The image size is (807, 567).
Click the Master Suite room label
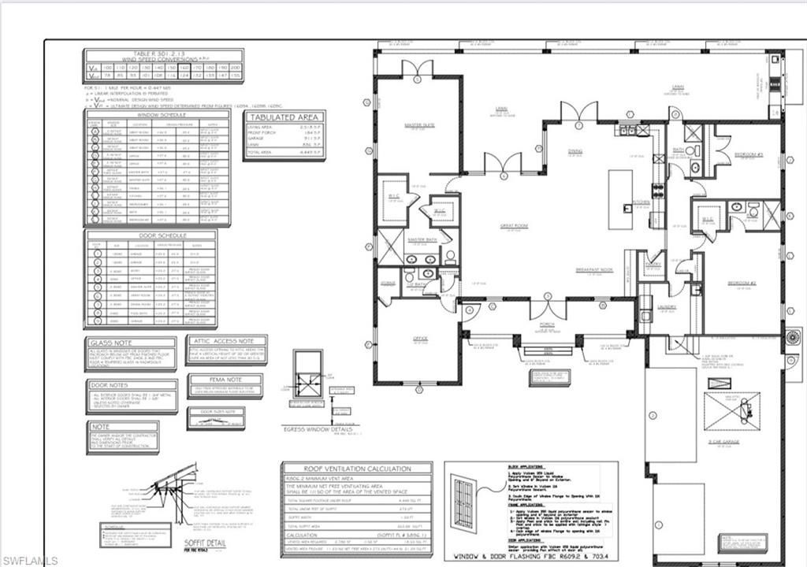pyautogui.click(x=420, y=124)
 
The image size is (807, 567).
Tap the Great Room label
pyautogui.click(x=512, y=225)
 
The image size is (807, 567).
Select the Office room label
pyautogui.click(x=420, y=339)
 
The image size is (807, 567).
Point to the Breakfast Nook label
pyautogui.click(x=594, y=269)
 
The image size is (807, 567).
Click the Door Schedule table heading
pyautogui.click(x=150, y=235)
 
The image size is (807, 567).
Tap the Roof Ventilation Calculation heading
pyautogui.click(x=355, y=467)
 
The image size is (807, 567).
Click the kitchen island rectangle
pyautogui.click(x=620, y=198)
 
